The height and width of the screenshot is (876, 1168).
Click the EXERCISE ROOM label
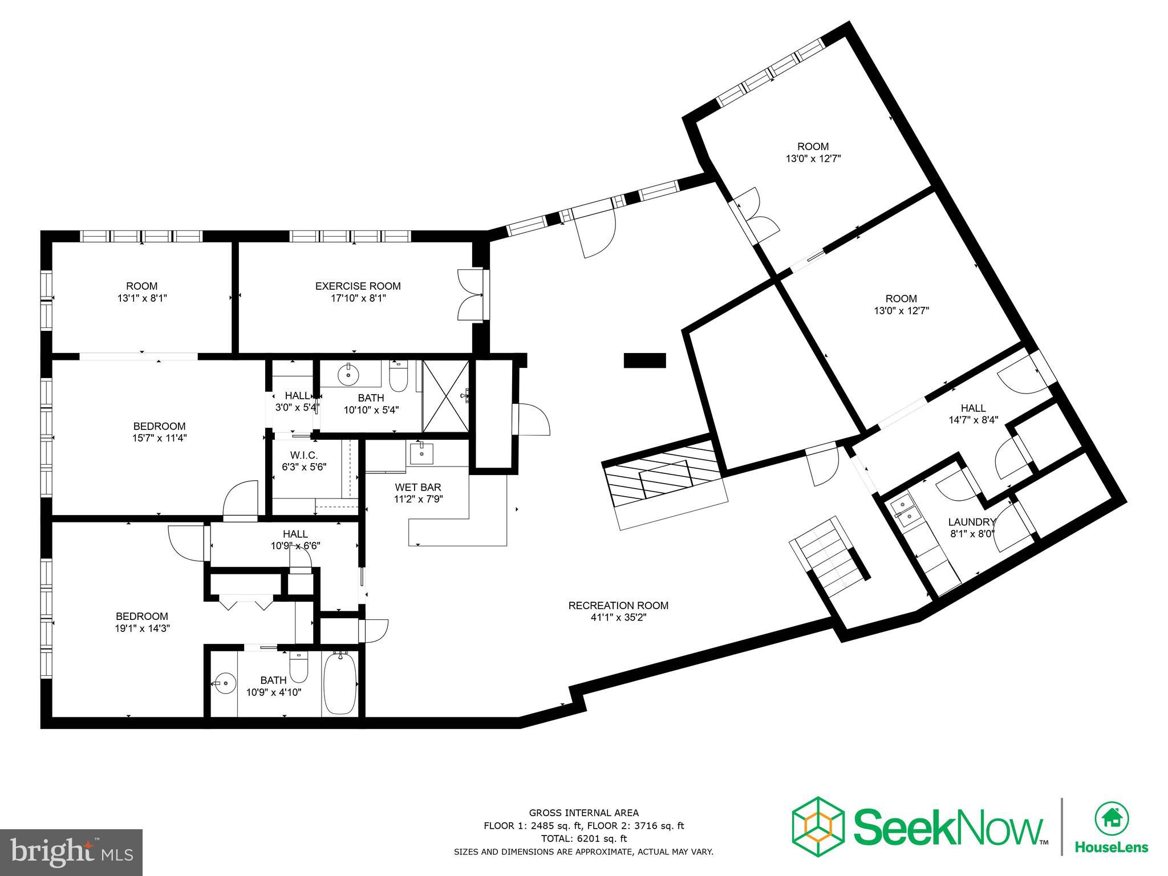click(x=358, y=286)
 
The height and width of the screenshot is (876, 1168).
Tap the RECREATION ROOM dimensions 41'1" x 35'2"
click(x=618, y=617)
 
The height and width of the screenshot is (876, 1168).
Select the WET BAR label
click(x=418, y=488)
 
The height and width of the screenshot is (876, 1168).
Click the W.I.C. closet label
click(x=304, y=455)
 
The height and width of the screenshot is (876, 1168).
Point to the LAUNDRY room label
click(x=972, y=522)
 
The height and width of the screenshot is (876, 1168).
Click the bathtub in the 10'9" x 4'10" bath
click(x=339, y=684)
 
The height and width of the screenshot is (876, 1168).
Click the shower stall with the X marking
click(x=445, y=396)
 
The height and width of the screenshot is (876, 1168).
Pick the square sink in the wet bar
click(x=421, y=454)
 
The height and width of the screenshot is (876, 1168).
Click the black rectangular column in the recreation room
click(x=644, y=360)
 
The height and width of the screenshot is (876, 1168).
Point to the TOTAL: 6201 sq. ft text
click(x=583, y=838)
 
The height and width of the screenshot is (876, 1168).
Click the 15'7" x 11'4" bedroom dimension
click(x=159, y=438)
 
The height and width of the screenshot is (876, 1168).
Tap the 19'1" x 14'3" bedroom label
click(x=142, y=617)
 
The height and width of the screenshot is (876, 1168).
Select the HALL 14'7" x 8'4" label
click(x=973, y=408)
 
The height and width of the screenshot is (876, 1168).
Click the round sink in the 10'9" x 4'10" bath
click(x=226, y=682)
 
